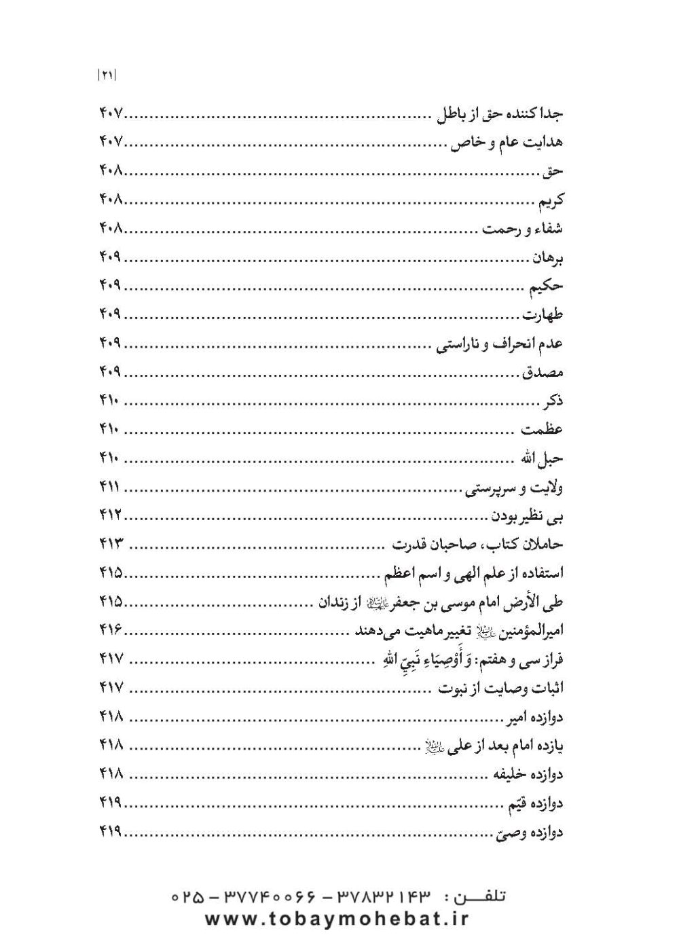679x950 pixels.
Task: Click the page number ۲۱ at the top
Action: click(107, 77)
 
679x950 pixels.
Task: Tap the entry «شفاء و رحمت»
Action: click(522, 229)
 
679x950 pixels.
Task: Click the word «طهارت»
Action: click(543, 315)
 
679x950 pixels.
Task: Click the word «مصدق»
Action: click(543, 373)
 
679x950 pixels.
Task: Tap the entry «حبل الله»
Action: click(541, 459)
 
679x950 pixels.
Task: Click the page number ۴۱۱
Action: click(109, 488)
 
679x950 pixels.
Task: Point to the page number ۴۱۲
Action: click(109, 516)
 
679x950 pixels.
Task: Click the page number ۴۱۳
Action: click(109, 545)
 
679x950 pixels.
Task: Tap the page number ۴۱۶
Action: click(109, 631)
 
